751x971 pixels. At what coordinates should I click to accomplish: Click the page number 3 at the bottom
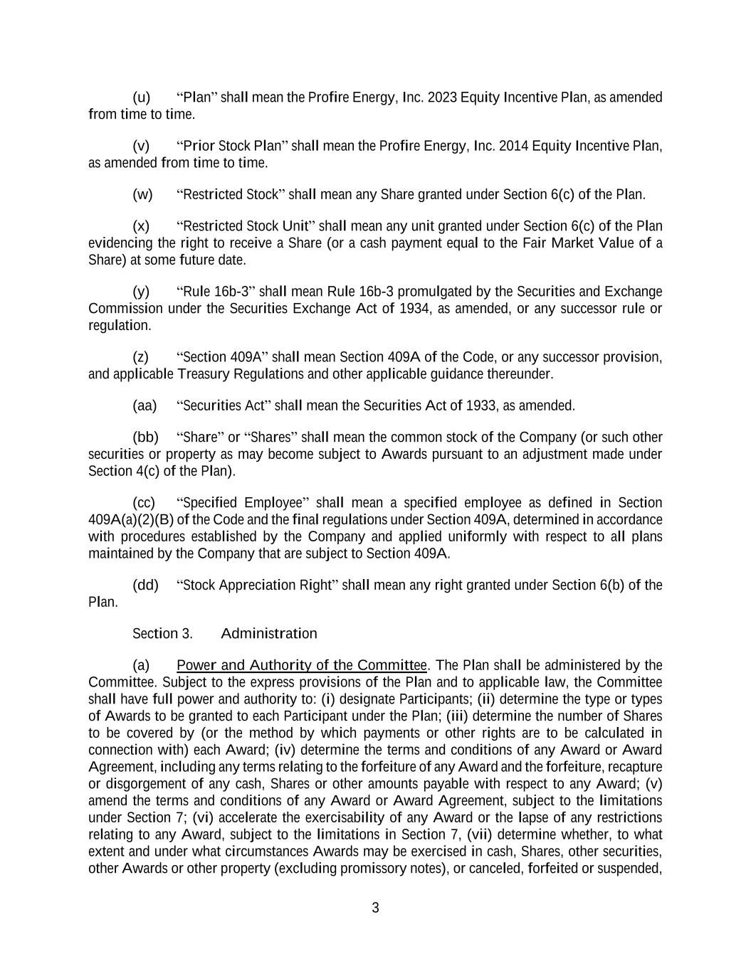[x=375, y=908]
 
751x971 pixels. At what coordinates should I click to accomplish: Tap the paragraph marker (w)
[x=142, y=195]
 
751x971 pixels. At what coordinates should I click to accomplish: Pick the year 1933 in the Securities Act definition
[x=481, y=406]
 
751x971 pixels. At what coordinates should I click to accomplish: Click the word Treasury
[x=202, y=374]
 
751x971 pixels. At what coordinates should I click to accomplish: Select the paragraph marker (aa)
[x=145, y=406]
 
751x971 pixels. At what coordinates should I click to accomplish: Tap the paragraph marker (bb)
[x=145, y=437]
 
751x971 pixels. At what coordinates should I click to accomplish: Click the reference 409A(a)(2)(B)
[x=131, y=520]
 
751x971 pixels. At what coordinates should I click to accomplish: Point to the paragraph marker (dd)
[x=145, y=585]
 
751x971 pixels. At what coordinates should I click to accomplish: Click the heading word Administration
[x=269, y=634]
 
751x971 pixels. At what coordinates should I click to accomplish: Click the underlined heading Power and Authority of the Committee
[x=302, y=666]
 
